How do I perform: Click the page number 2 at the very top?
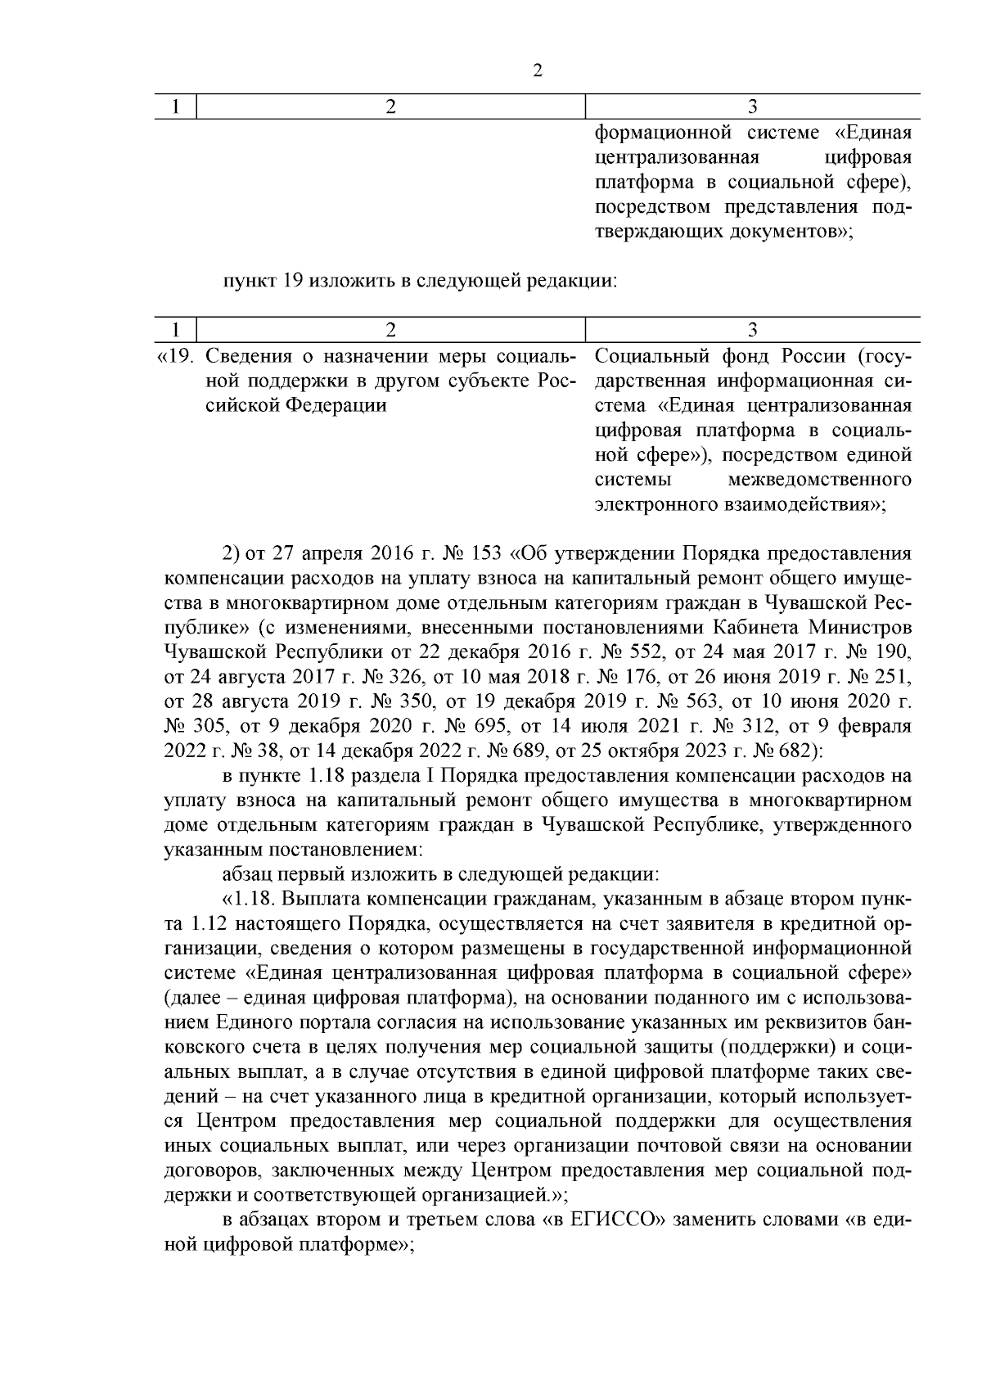point(538,71)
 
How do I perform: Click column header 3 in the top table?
point(753,106)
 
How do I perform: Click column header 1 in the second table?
point(175,330)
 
